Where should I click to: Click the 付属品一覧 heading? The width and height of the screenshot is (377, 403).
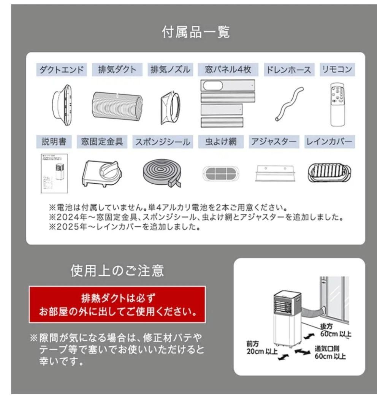point(196,33)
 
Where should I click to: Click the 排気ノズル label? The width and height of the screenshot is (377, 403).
point(169,70)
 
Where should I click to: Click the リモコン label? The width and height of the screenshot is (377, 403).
point(336,70)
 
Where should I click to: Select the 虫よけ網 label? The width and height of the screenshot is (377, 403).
point(221,142)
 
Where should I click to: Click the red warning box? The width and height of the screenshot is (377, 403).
point(117,305)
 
